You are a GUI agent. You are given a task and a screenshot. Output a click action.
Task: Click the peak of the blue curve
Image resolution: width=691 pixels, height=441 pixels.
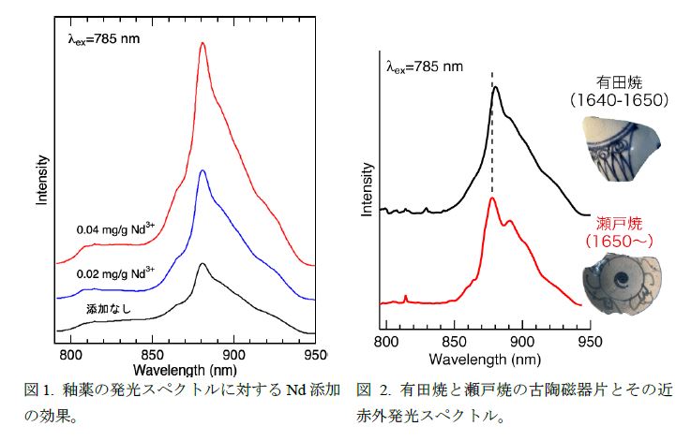(x=203, y=170)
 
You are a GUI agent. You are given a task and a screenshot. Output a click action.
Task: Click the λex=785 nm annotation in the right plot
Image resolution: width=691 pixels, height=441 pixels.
(x=425, y=66)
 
